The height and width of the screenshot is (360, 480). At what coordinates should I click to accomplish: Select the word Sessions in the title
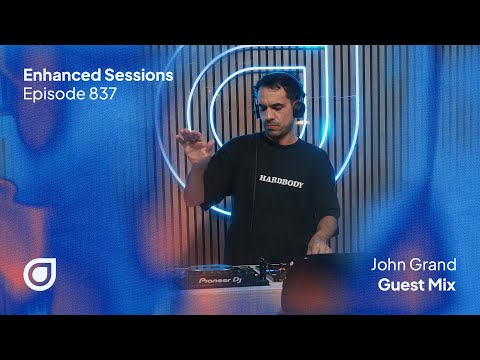coord(134,75)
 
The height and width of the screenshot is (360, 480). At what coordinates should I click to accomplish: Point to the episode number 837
coord(103,96)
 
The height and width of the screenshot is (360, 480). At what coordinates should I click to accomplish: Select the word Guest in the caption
coord(400,286)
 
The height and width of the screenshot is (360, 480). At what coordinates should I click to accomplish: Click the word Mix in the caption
coord(440,286)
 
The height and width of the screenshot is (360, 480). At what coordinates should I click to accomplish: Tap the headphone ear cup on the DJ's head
coord(297,104)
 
